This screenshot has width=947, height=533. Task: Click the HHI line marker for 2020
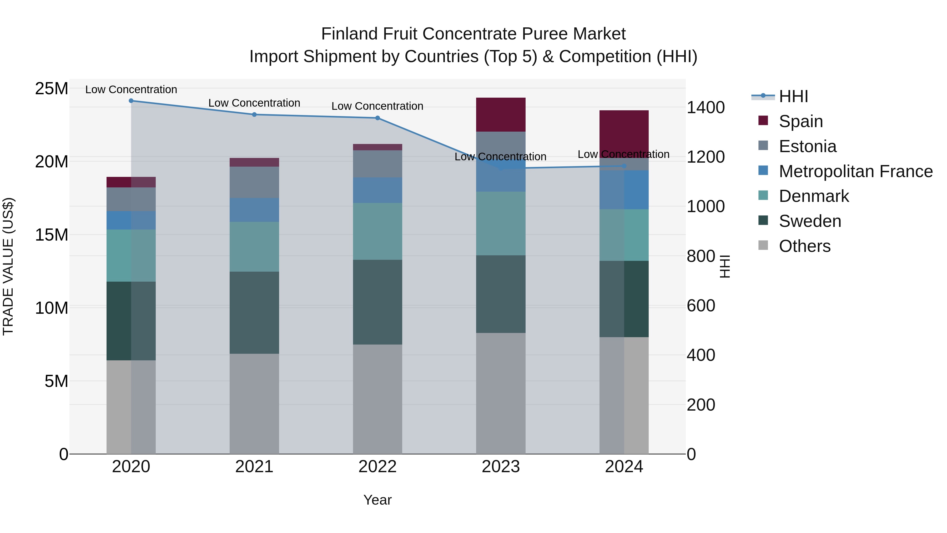pyautogui.click(x=131, y=101)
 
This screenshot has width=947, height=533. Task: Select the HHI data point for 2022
pyautogui.click(x=377, y=118)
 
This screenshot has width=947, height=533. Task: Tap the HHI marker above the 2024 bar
pyautogui.click(x=624, y=166)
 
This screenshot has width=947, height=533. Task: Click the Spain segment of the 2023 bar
pyautogui.click(x=501, y=115)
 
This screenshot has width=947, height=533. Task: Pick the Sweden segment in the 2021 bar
pyautogui.click(x=254, y=313)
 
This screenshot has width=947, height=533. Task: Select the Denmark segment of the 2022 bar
pyautogui.click(x=377, y=231)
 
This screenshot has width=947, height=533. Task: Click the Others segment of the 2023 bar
pyautogui.click(x=501, y=393)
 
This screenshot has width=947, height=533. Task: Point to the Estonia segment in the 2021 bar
pyautogui.click(x=254, y=182)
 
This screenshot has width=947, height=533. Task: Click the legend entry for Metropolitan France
pyautogui.click(x=855, y=171)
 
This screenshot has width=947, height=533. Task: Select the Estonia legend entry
pyautogui.click(x=807, y=146)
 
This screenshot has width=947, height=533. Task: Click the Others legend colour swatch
pyautogui.click(x=763, y=245)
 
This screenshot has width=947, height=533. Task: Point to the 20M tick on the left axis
pyautogui.click(x=52, y=162)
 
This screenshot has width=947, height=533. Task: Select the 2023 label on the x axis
pyautogui.click(x=501, y=467)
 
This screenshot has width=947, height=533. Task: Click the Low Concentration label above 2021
pyautogui.click(x=254, y=103)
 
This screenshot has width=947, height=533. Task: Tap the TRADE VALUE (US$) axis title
pyautogui.click(x=8, y=266)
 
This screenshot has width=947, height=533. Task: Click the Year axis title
pyautogui.click(x=377, y=500)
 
